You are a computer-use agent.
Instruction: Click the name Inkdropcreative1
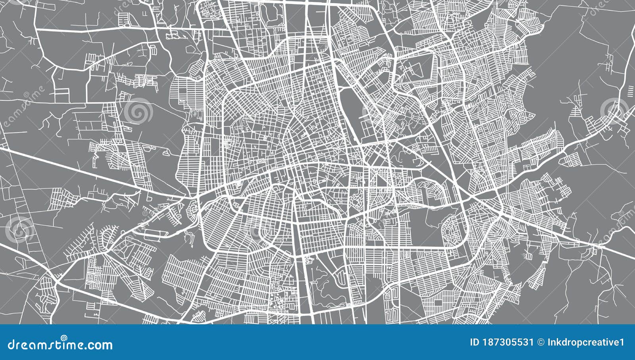[x=587, y=342]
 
